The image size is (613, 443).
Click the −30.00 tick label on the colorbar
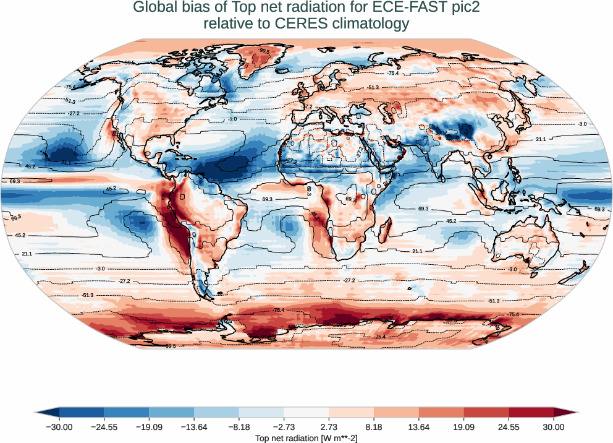59,426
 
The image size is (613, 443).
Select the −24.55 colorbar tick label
104,426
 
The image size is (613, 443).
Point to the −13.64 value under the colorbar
194,426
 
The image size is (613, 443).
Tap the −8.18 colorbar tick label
239,426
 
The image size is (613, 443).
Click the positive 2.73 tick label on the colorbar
329,426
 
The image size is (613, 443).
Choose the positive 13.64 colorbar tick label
419,426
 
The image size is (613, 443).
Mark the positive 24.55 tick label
509,426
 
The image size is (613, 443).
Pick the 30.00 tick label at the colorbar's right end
554,426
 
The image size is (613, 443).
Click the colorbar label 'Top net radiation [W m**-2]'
306,438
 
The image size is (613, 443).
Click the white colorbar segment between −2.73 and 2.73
306,412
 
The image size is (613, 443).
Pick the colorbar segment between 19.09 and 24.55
486,412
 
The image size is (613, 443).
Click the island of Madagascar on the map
384,231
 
